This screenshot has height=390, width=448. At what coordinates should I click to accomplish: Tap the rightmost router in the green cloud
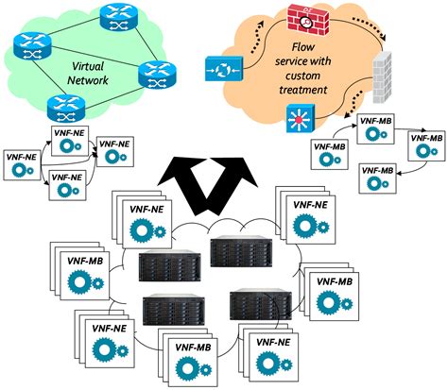[153, 73]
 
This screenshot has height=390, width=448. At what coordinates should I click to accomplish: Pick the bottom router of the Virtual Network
[60, 104]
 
